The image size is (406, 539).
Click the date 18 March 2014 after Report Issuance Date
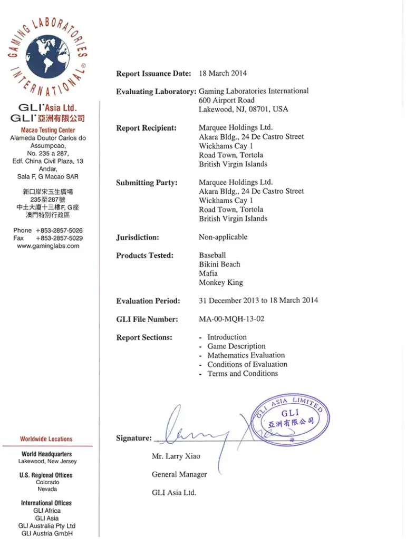223,73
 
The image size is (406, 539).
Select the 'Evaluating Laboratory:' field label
156,92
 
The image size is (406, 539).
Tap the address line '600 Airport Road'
226,100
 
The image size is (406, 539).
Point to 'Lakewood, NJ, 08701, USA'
243,109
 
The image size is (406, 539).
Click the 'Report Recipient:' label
146,128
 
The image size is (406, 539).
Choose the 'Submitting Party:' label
147,183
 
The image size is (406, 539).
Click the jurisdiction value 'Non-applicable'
223,237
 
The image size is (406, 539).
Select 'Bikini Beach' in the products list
219,264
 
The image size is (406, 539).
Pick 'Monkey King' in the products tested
221,283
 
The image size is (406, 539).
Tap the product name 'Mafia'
208,274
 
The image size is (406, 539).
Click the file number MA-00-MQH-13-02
232,319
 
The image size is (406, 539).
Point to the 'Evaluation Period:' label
148,301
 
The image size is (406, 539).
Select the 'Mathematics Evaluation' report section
246,355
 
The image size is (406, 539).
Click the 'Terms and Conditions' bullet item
243,374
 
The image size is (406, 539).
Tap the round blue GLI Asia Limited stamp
292,420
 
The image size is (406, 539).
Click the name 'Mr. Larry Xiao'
176,456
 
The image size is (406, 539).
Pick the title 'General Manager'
179,475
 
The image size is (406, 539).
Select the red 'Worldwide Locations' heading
46,439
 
